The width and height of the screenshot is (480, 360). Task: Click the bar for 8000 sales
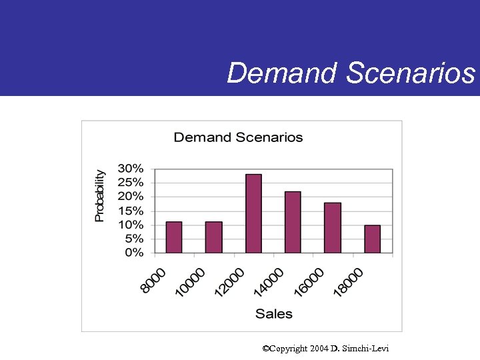[173, 237]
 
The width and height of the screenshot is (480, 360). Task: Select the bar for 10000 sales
[213, 237]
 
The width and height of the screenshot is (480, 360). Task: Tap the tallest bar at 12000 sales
[253, 213]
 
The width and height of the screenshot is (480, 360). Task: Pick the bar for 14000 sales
[293, 222]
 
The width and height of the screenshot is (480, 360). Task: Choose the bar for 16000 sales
[333, 227]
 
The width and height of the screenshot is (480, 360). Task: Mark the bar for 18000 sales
[372, 239]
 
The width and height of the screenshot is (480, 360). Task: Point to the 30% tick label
[131, 167]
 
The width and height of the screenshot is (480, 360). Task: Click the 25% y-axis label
[131, 182]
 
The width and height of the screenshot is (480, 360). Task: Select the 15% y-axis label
[131, 210]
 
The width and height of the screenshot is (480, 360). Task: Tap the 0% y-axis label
[134, 253]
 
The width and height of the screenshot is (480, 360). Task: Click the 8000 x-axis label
[154, 279]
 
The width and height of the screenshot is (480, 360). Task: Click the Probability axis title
[99, 195]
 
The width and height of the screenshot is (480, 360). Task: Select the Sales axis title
[273, 313]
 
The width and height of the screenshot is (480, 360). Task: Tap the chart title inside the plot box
[238, 137]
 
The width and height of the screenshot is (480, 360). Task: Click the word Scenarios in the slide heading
[411, 73]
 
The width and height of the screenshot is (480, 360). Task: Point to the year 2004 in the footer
[318, 349]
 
